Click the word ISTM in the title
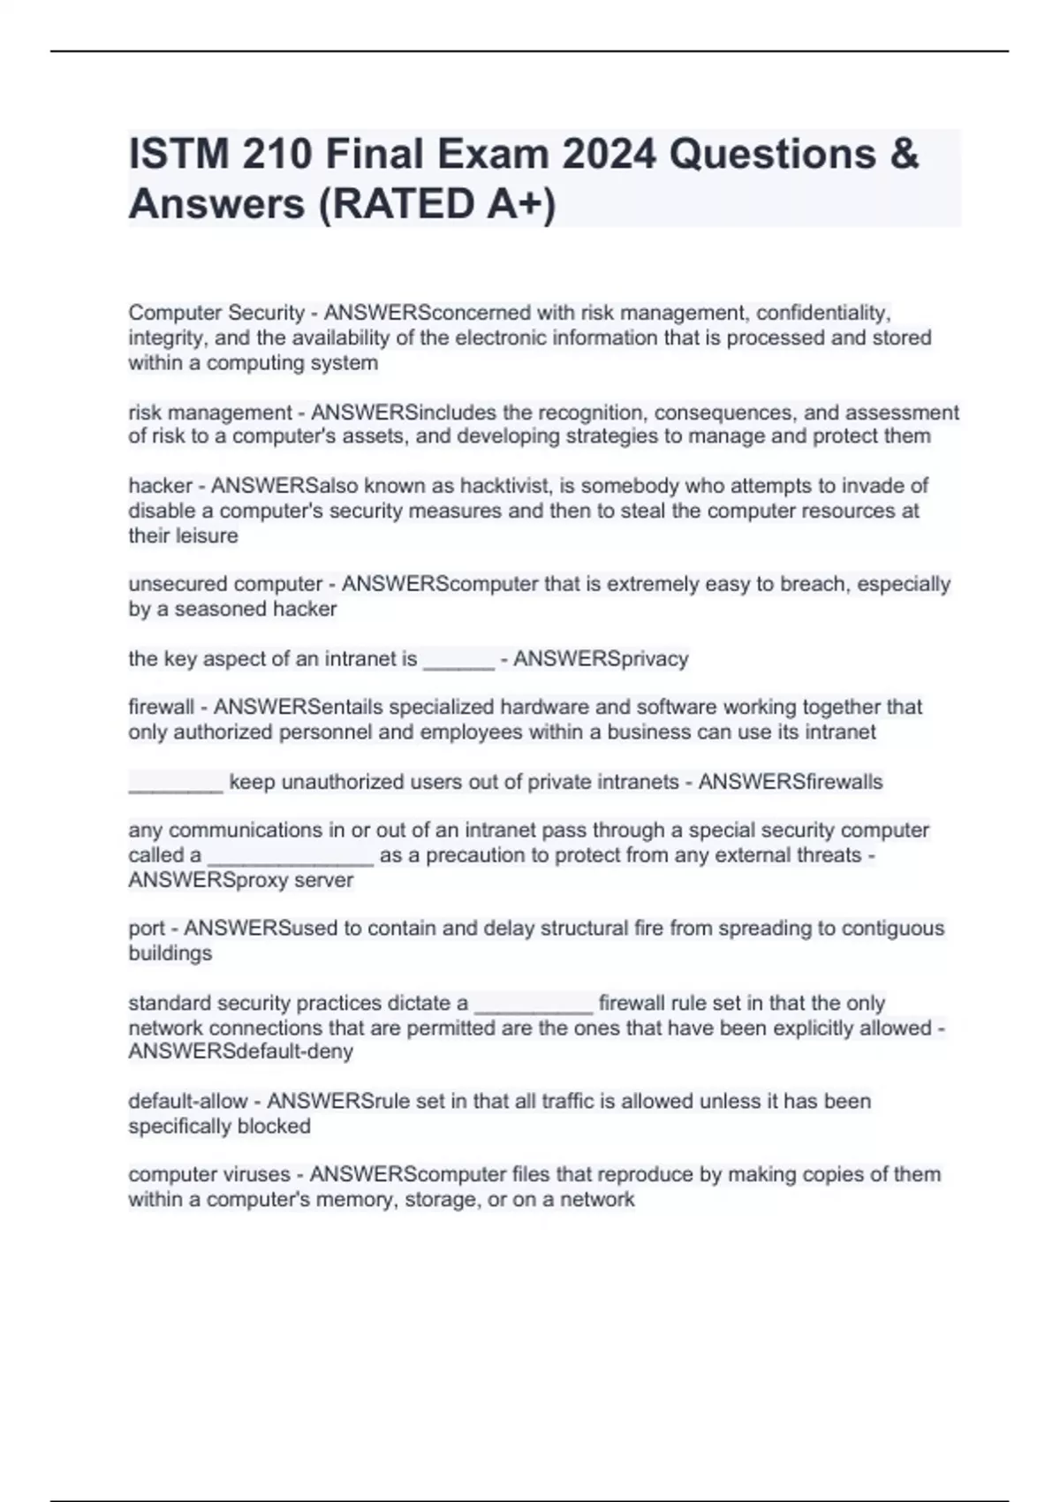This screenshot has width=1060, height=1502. point(173,155)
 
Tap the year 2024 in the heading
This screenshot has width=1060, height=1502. point(609,155)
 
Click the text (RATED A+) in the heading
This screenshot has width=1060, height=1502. point(436,204)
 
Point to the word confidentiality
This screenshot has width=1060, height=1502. point(823,313)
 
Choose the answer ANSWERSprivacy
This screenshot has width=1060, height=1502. point(601,659)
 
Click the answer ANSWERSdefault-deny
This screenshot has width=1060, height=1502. point(240,1052)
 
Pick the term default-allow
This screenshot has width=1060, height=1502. point(187,1102)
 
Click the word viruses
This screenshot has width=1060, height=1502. point(254,1175)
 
